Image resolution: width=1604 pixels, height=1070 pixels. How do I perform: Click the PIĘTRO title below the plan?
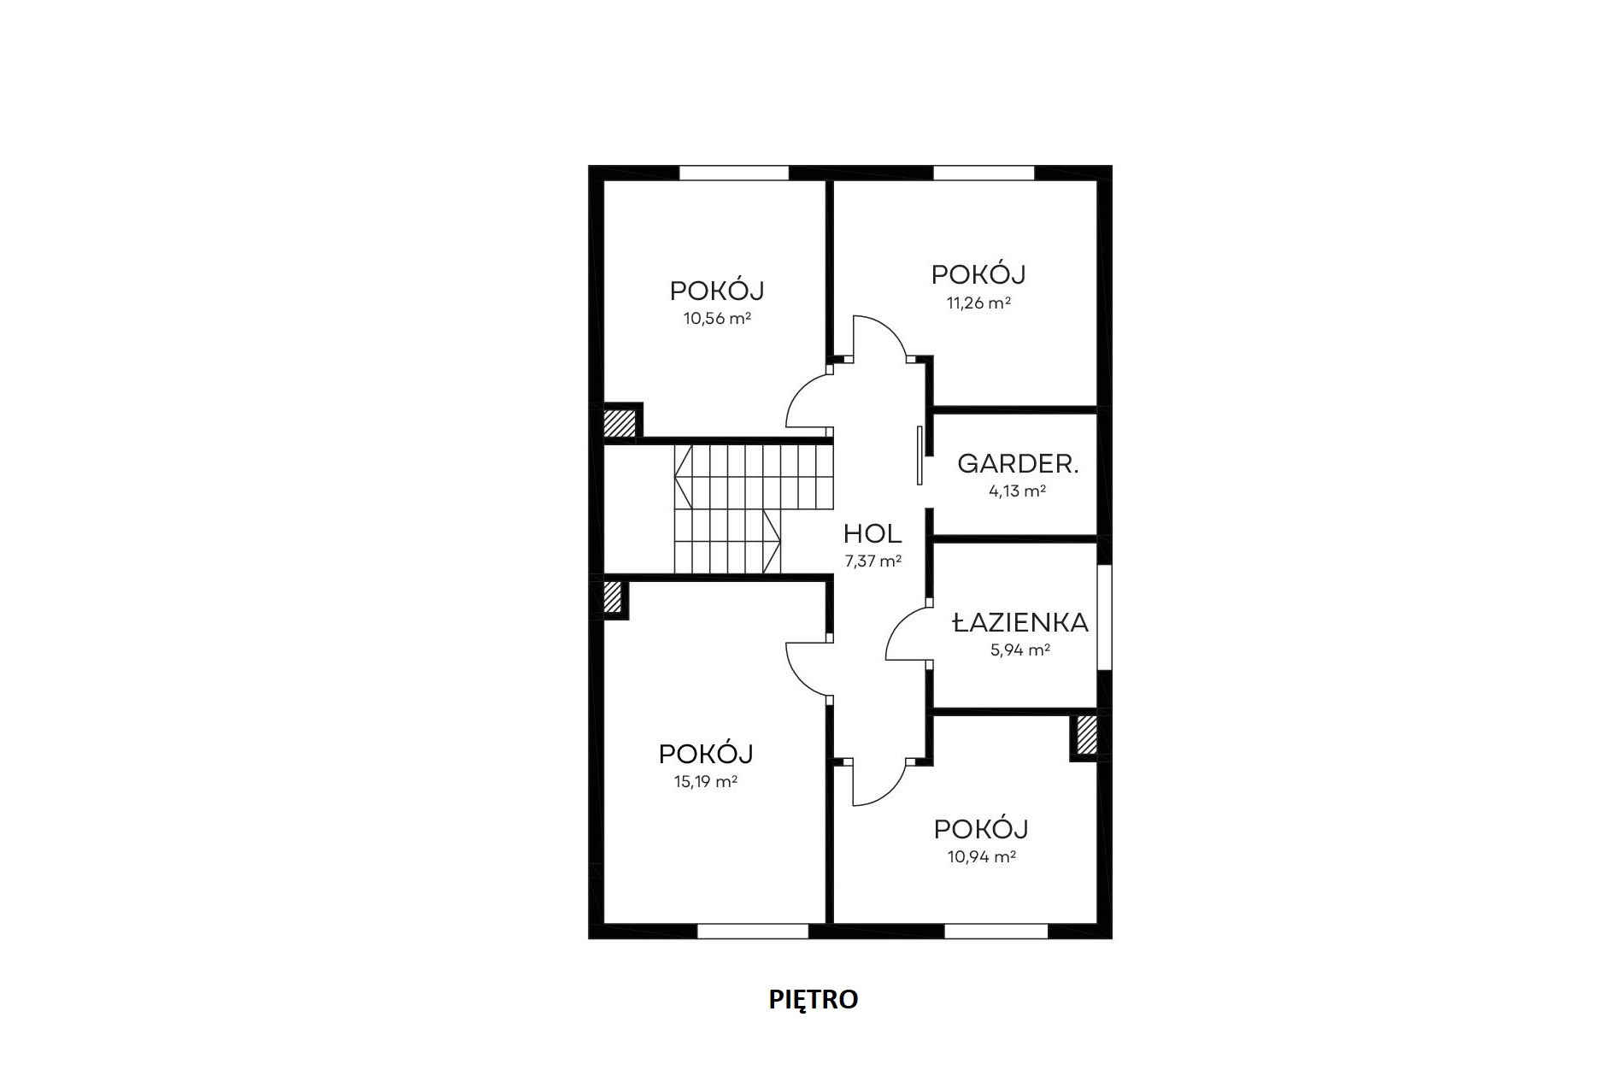point(814,999)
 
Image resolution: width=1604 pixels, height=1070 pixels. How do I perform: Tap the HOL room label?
point(873,534)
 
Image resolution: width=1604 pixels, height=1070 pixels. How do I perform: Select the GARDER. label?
point(1018,464)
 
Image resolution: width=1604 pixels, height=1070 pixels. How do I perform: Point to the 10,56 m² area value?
point(717,319)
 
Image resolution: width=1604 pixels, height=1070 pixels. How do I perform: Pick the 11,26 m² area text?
point(978,303)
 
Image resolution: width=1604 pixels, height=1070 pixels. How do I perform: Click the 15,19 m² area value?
point(706,781)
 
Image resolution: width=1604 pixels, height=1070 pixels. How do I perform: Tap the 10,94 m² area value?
point(981,856)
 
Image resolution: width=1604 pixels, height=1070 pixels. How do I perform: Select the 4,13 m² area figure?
point(1018,491)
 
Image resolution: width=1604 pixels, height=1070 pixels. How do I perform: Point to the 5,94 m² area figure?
point(1020,650)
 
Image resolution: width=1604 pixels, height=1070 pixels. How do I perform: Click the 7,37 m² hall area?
point(873,561)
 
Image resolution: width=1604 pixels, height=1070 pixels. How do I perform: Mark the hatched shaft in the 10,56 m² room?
point(620,423)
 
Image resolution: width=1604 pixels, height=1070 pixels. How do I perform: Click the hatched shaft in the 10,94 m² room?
point(1086,735)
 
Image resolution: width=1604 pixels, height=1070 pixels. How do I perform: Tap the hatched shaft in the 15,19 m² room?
point(612,597)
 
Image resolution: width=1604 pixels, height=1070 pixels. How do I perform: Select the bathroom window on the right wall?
point(1104,617)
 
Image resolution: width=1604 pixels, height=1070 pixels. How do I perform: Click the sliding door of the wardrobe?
point(920,455)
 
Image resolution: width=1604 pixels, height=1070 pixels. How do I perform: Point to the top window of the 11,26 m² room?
point(984,173)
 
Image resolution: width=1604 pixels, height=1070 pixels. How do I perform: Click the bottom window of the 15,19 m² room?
point(753,931)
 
